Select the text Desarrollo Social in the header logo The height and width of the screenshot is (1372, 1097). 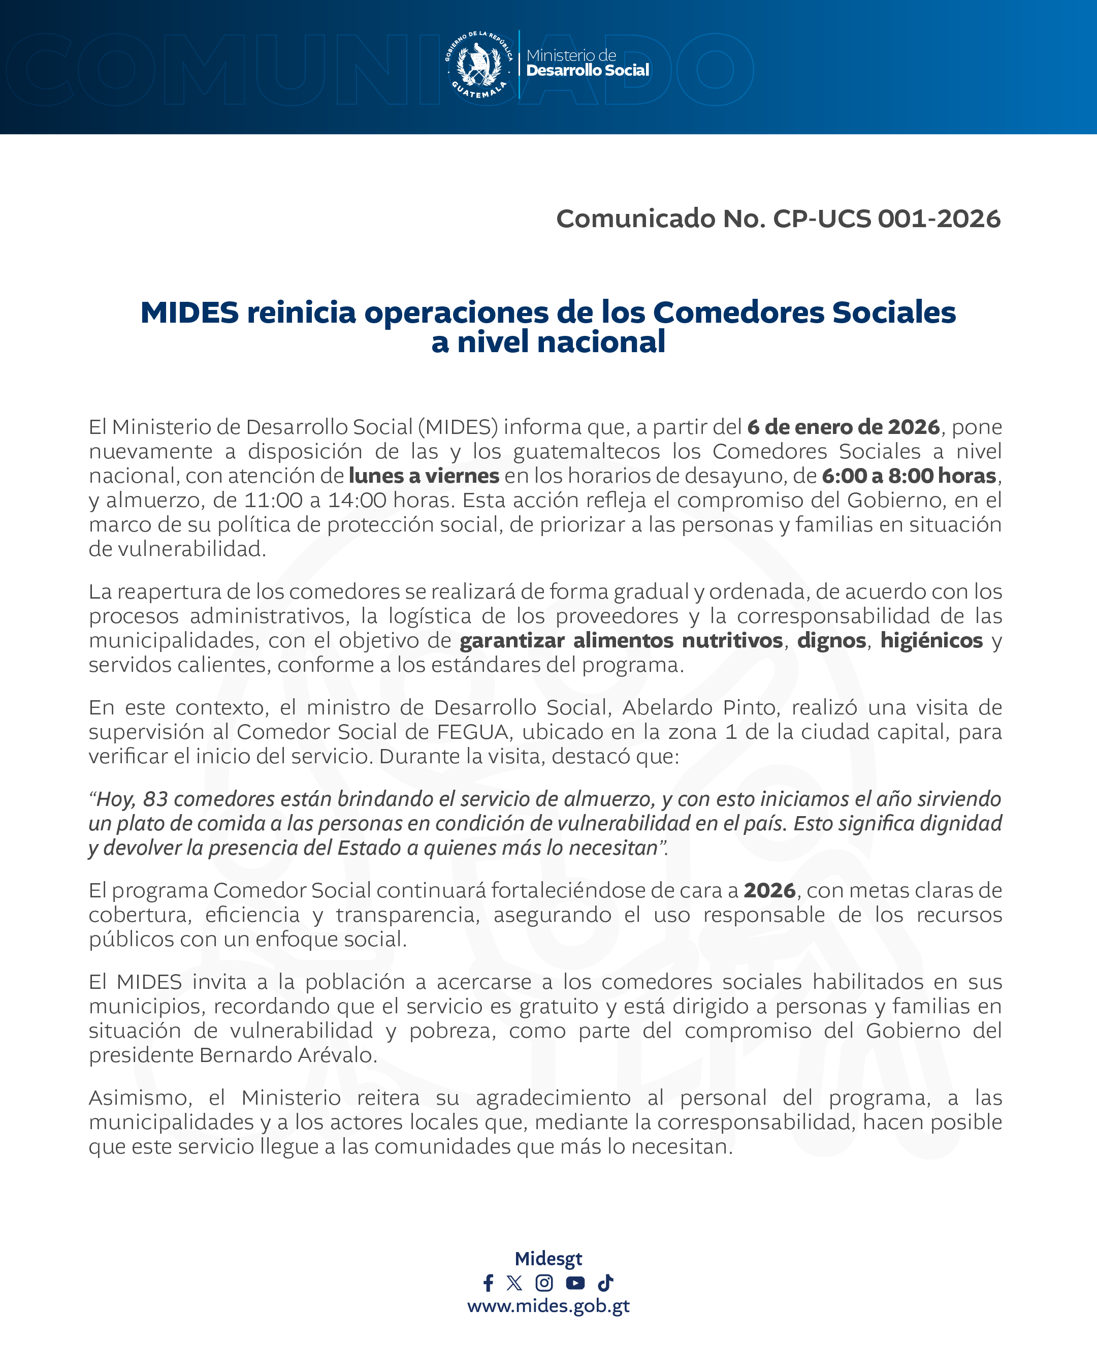(x=588, y=71)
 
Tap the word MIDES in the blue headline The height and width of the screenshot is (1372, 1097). (x=189, y=313)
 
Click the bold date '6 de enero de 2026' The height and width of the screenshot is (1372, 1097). (x=843, y=427)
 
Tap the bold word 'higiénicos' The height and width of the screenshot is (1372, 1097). (x=931, y=640)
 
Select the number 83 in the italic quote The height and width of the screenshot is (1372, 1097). (x=155, y=799)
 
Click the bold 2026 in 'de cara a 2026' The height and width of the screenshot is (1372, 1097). (x=769, y=890)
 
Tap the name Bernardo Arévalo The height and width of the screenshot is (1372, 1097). (x=287, y=1055)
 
